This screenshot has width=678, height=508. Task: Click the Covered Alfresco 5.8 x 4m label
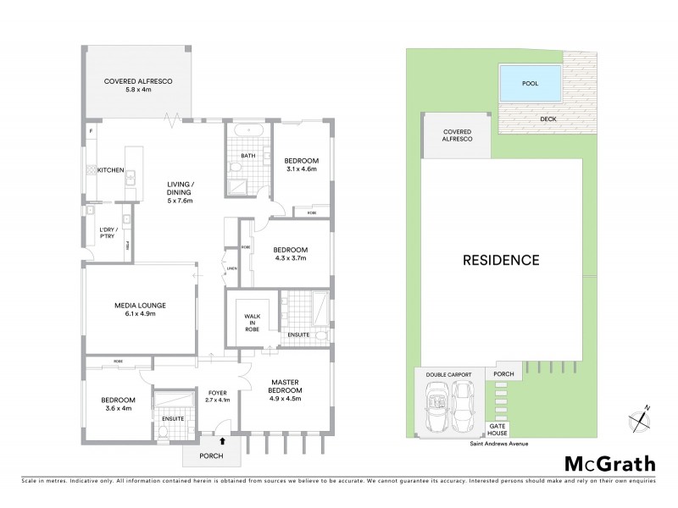(137, 85)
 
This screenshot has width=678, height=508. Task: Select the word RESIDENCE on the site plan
(501, 260)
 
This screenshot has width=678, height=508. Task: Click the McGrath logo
(610, 464)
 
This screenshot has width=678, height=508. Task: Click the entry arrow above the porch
(222, 440)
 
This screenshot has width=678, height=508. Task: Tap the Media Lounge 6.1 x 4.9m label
(141, 309)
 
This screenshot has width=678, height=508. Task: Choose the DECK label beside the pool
(548, 119)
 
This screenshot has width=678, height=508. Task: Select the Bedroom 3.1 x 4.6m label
(300, 163)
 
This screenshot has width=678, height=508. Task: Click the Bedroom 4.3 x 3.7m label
(290, 255)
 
